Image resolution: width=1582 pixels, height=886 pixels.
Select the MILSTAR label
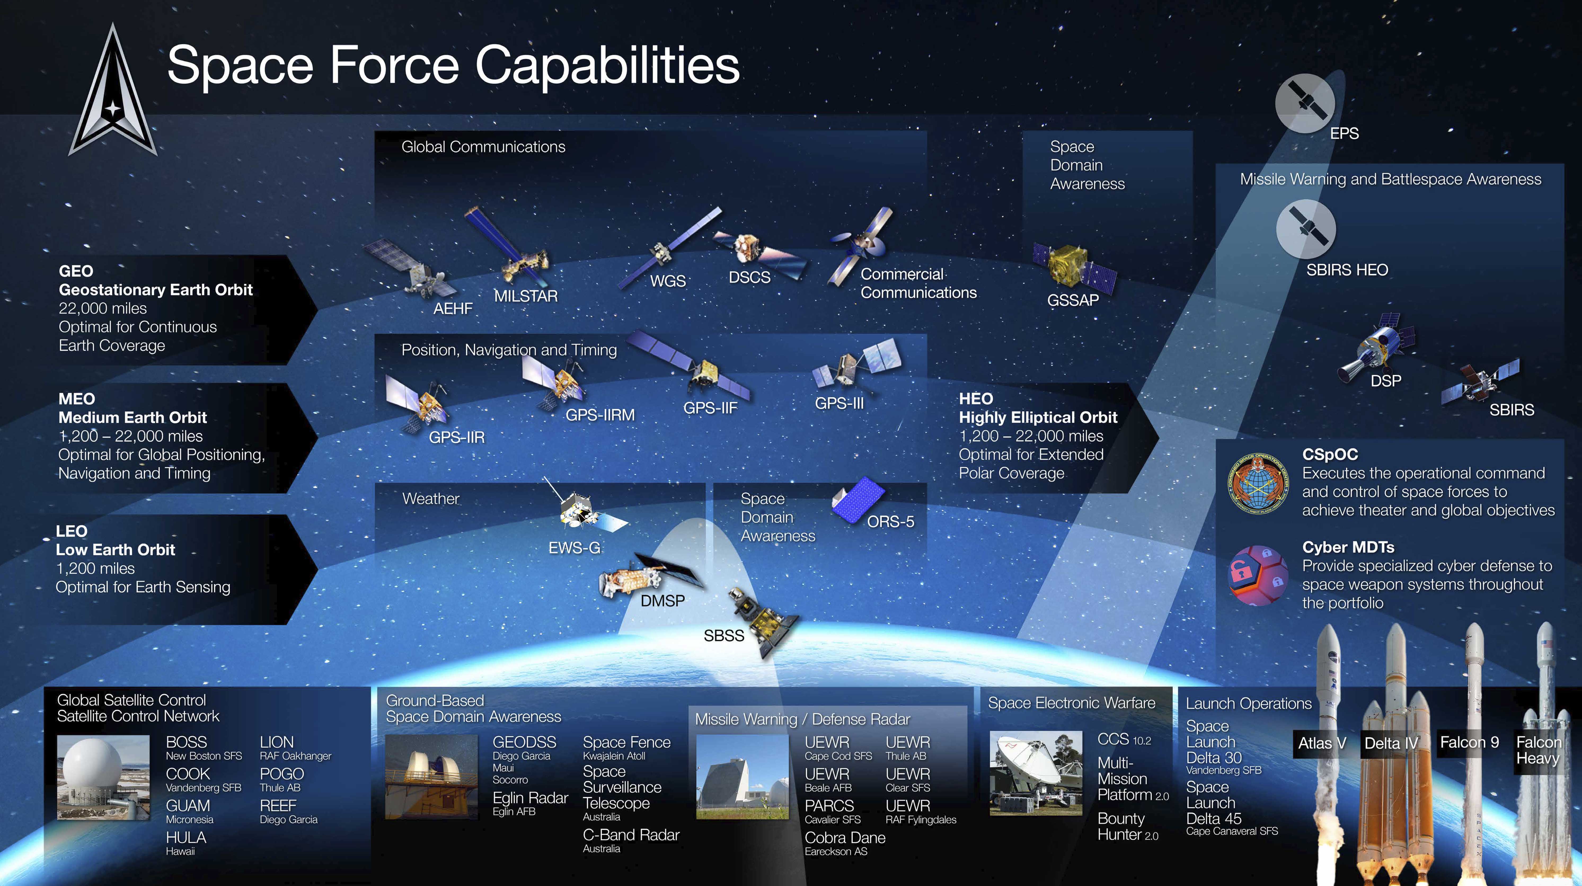[x=526, y=296]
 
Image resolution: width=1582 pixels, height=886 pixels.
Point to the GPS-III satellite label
[x=839, y=403]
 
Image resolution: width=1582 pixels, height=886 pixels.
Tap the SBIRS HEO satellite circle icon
[x=1306, y=229]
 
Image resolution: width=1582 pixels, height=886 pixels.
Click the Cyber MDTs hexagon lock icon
[x=1257, y=575]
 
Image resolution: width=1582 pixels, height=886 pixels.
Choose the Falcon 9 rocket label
[x=1469, y=742]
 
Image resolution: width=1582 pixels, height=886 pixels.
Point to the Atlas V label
[x=1322, y=743]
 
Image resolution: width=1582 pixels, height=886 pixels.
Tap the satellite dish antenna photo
[x=1035, y=773]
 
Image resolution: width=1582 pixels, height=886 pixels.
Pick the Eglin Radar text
[x=530, y=798]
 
